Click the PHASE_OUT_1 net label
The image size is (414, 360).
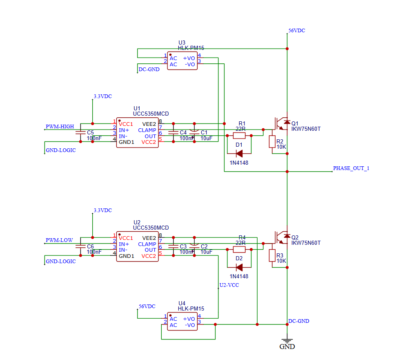(351, 168)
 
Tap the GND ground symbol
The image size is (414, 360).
(287, 342)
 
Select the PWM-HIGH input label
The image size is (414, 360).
(60, 127)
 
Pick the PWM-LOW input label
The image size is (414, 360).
(59, 240)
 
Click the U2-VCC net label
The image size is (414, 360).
(229, 285)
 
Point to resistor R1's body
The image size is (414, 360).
(239, 136)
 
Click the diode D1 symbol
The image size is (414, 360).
(239, 154)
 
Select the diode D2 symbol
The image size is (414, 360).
(239, 267)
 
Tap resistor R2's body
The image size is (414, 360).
(272, 142)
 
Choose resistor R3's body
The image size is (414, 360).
(272, 255)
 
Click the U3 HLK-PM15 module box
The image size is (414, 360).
(183, 61)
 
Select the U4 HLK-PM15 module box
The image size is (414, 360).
(183, 322)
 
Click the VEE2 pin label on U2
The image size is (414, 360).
(149, 238)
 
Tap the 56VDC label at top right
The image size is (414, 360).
(297, 31)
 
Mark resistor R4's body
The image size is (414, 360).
(239, 249)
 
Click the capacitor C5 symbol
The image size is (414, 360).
(80, 132)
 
